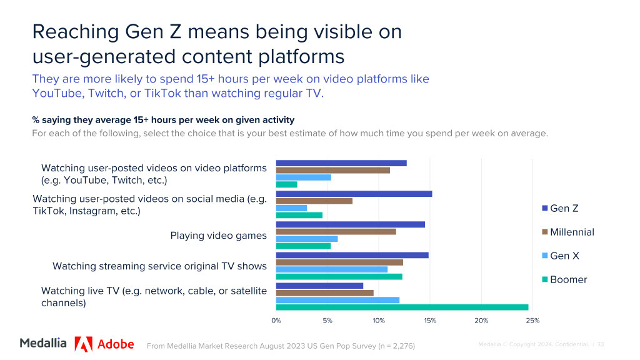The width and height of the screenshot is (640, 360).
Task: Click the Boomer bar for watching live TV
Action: (x=402, y=307)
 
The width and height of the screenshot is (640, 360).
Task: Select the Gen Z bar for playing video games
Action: (x=350, y=224)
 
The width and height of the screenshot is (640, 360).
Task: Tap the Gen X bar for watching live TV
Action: (x=337, y=300)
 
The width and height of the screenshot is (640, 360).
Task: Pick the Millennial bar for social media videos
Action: (x=314, y=201)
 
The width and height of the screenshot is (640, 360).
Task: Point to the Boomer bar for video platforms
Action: (x=286, y=184)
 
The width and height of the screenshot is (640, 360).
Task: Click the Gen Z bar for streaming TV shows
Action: (x=352, y=255)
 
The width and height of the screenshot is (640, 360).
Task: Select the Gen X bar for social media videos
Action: (x=291, y=208)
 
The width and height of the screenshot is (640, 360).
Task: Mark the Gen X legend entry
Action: (x=564, y=256)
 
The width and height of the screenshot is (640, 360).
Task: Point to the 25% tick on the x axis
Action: (x=532, y=321)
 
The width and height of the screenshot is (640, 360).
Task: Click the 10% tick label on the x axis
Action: (x=379, y=321)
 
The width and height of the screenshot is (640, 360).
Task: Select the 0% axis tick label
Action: (x=276, y=321)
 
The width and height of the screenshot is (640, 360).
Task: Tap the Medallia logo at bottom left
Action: (x=43, y=343)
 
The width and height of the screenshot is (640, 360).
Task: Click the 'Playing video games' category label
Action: (x=218, y=236)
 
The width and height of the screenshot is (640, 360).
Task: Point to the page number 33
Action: (x=601, y=344)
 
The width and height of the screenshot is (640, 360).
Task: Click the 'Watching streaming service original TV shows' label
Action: (x=159, y=266)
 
